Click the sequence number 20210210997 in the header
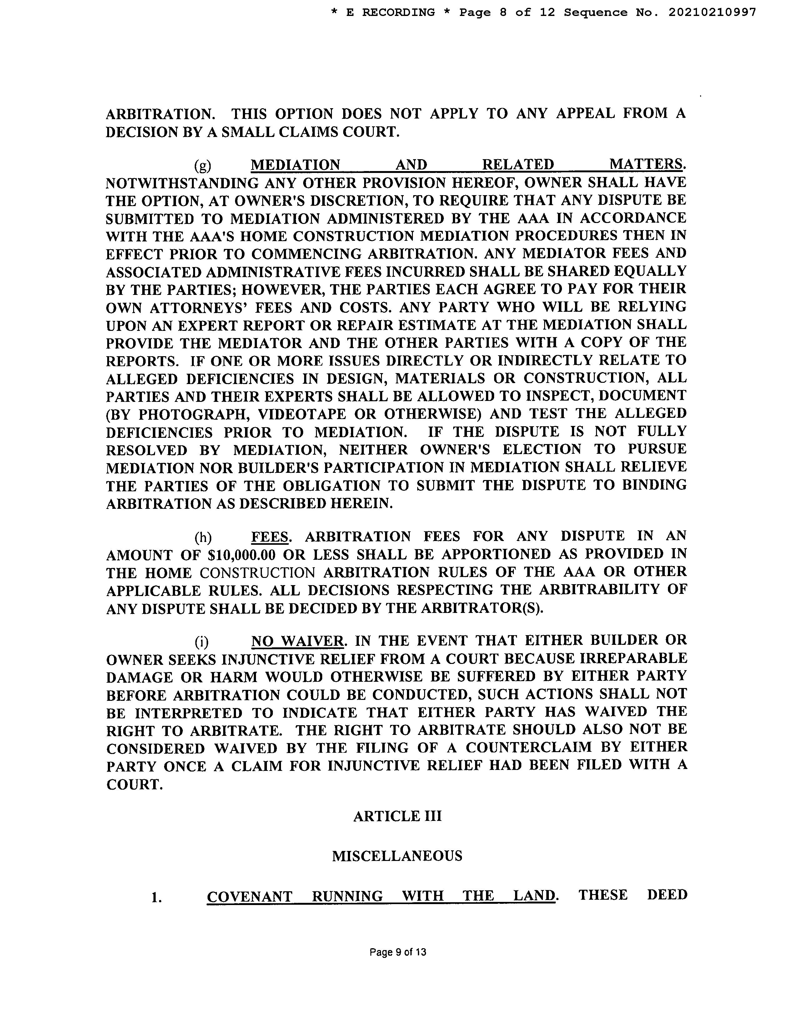click(x=712, y=13)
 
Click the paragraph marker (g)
click(x=203, y=165)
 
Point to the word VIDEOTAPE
click(x=302, y=414)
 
